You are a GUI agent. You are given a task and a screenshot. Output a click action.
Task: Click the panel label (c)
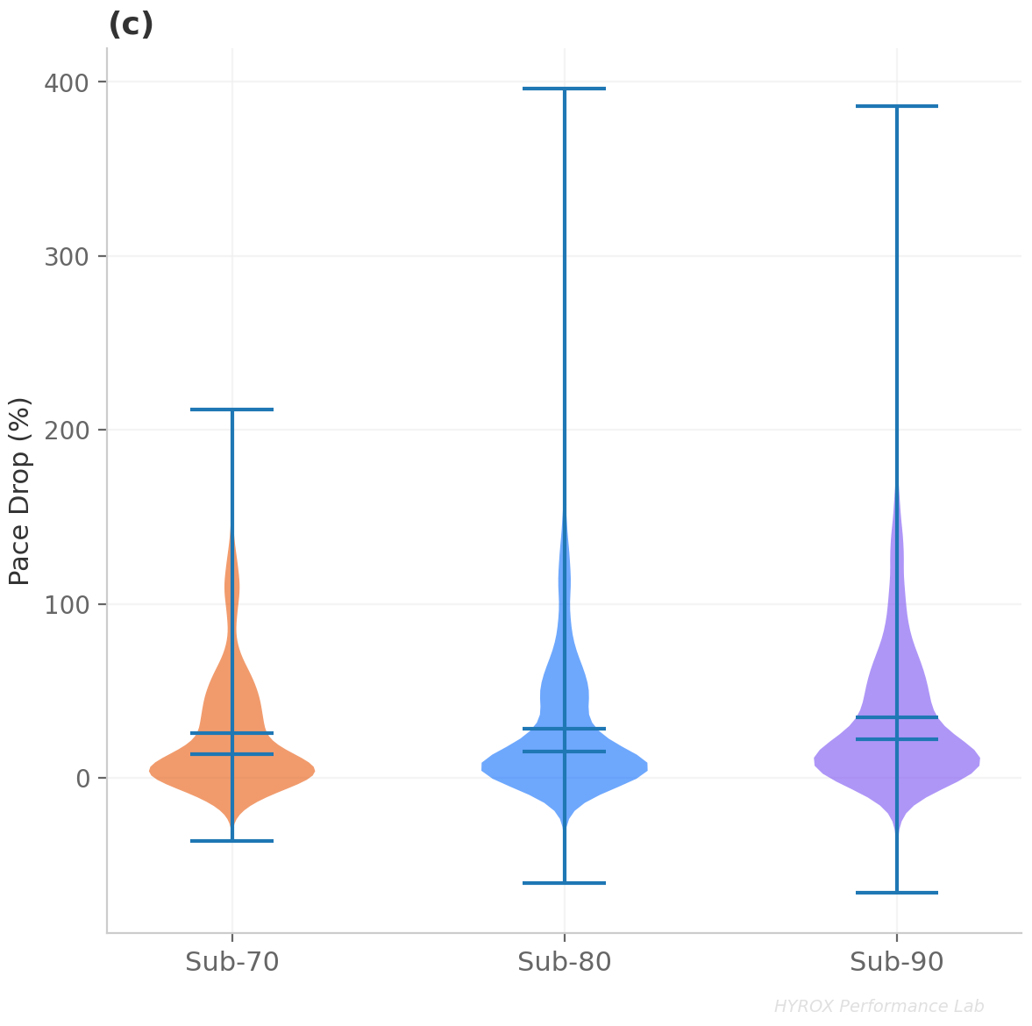131,25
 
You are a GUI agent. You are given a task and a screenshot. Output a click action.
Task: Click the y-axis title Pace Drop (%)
19,491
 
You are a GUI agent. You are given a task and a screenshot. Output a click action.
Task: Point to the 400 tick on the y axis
67,83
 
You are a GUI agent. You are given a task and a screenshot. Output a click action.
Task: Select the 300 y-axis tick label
67,257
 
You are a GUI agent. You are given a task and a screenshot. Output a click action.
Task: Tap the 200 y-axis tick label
67,431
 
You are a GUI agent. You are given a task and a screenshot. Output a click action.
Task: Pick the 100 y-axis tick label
67,605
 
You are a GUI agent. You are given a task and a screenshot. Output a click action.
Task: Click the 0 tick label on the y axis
82,779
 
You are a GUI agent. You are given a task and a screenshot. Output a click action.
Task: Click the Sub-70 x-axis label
232,963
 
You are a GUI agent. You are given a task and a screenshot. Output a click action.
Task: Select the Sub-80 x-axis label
565,963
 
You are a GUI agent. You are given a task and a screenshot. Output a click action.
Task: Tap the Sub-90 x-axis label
897,963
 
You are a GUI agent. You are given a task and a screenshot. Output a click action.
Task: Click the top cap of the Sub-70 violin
232,410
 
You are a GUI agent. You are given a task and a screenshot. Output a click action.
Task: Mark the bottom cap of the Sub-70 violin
232,841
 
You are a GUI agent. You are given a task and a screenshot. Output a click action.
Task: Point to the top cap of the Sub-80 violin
565,89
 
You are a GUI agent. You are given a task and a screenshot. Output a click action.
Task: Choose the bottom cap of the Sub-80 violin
565,883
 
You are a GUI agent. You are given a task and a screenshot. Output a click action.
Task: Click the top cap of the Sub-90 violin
897,106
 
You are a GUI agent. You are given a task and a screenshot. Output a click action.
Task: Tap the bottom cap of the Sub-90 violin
897,893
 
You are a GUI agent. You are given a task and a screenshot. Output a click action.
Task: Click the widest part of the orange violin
232,771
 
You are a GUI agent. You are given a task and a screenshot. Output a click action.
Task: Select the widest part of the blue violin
565,766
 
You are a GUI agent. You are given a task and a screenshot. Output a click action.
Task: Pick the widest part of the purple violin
897,759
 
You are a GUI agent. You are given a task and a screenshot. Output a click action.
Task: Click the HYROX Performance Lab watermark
879,1007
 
